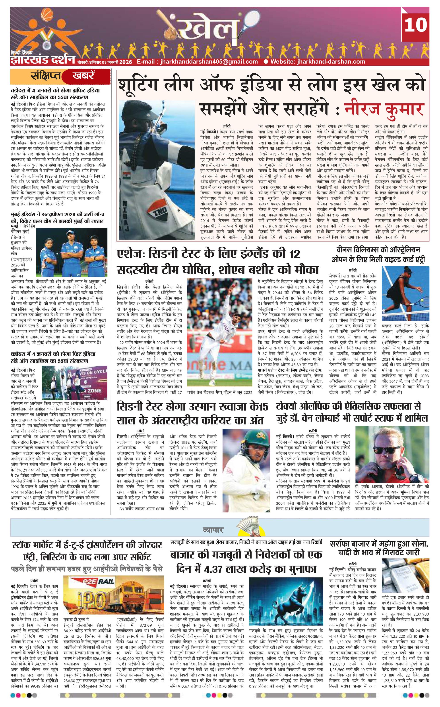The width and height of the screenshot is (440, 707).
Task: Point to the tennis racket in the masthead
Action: tap(242, 23)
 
